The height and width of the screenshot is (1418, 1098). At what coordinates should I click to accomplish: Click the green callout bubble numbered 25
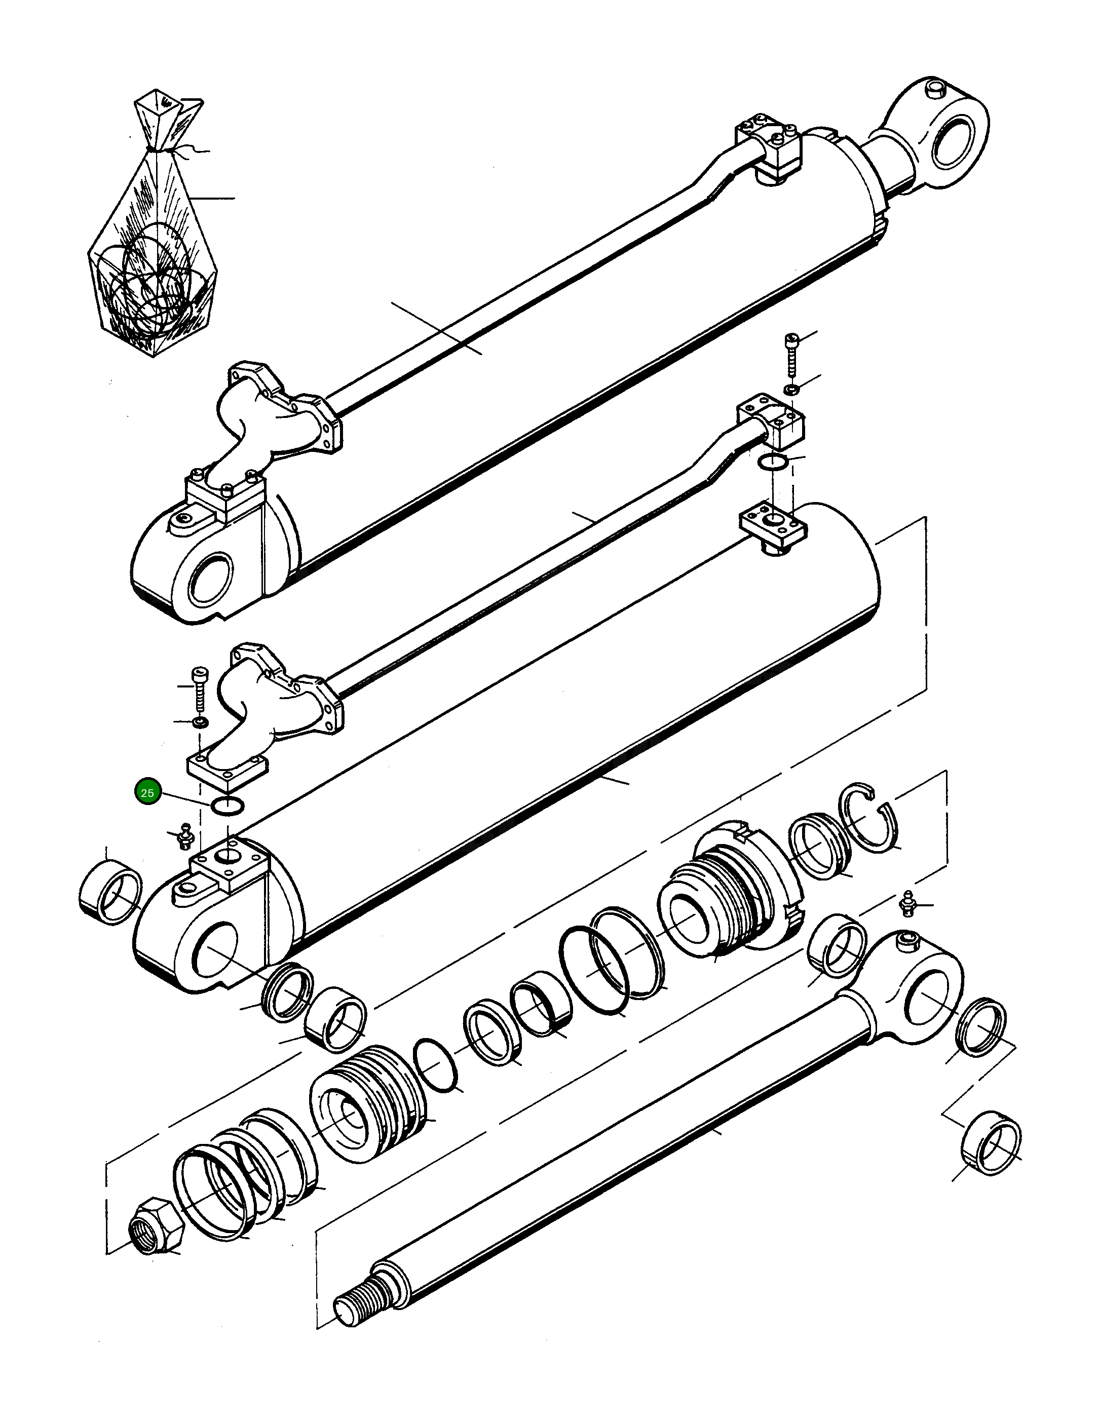[x=147, y=793]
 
